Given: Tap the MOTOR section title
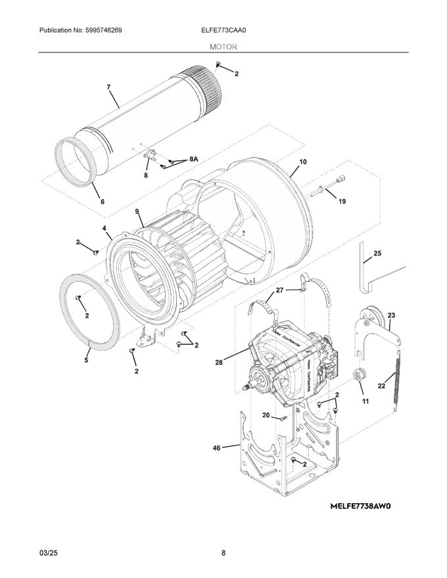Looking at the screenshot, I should click(x=223, y=47).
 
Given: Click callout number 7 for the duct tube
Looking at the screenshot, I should click(x=108, y=86).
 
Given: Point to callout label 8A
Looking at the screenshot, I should click(x=193, y=159).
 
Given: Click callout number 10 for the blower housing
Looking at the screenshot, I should click(x=303, y=162).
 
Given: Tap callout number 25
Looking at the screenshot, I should click(x=377, y=253).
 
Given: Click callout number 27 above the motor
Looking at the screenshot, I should click(x=280, y=290).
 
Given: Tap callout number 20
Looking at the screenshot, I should click(x=266, y=414).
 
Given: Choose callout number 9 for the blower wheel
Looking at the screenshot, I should click(x=137, y=211).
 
